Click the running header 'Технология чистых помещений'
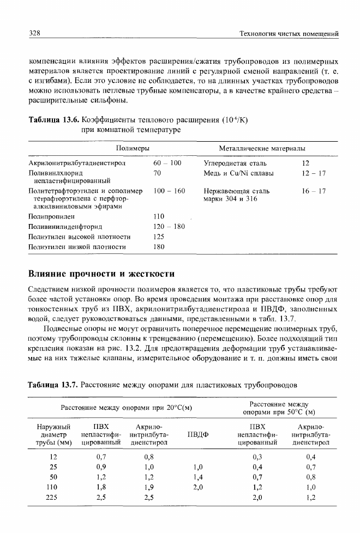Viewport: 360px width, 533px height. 290,34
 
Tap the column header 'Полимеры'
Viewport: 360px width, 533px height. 134,149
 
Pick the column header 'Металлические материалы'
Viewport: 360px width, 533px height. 262,149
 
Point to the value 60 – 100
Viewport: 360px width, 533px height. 167,162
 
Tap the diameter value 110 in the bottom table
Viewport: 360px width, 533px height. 52,487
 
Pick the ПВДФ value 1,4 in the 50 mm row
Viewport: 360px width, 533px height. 197,477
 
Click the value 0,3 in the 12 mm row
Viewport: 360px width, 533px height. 258,456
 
